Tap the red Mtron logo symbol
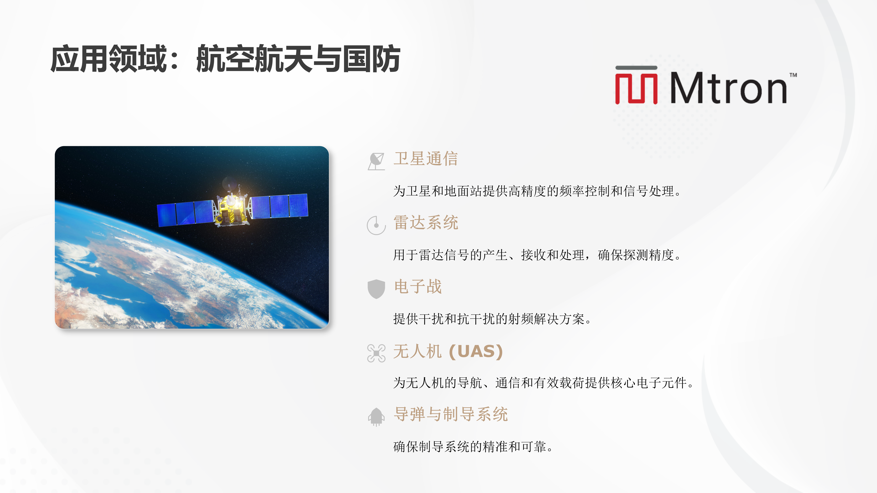coord(636,85)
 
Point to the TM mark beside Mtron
coord(793,75)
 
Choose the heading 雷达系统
coord(426,223)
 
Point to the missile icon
coord(376,416)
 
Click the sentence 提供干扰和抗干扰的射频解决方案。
coord(492,319)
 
